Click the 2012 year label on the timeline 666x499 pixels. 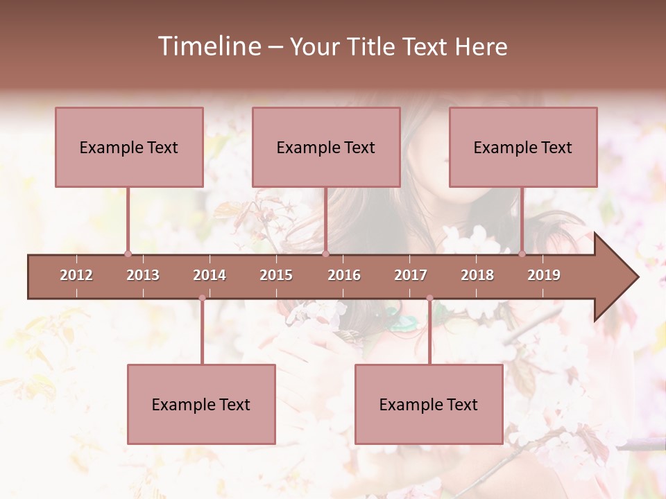[x=76, y=275]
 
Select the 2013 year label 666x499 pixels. [x=143, y=275]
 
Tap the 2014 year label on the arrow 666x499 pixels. [x=210, y=275]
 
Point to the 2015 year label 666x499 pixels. [x=276, y=275]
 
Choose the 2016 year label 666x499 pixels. [x=344, y=275]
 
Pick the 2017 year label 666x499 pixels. [x=411, y=275]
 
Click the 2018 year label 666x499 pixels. [x=477, y=275]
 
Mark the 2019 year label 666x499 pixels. [x=544, y=275]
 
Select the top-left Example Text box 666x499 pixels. [x=129, y=147]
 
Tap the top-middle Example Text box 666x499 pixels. [x=326, y=147]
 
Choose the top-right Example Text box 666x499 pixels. [x=523, y=147]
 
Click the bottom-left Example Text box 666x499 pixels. [x=201, y=404]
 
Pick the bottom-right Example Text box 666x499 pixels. [x=429, y=404]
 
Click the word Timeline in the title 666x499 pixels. [x=208, y=46]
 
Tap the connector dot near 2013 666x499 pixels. [x=128, y=254]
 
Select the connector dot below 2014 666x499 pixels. [x=202, y=298]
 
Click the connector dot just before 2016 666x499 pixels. [x=325, y=254]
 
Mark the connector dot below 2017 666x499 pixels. [x=429, y=298]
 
